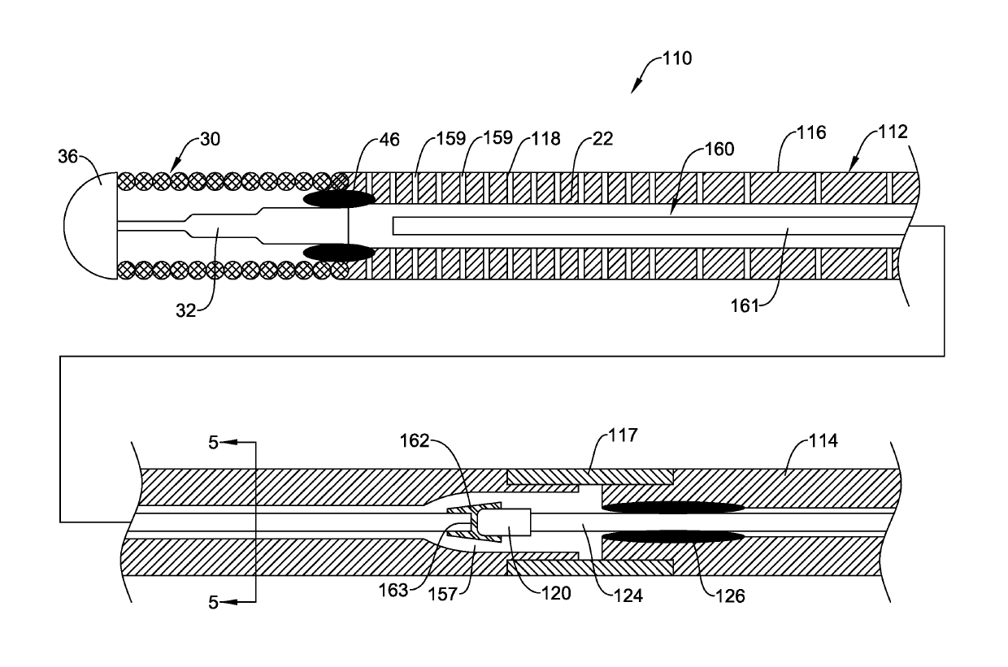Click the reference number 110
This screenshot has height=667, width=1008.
677,58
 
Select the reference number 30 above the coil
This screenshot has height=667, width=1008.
211,140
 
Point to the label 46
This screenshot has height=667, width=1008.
389,140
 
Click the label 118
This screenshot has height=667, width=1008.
545,139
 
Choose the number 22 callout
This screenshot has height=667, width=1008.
602,139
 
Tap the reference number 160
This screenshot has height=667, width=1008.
719,149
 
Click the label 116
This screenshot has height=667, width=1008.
811,132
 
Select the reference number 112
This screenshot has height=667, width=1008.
893,132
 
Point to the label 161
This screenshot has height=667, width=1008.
745,306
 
